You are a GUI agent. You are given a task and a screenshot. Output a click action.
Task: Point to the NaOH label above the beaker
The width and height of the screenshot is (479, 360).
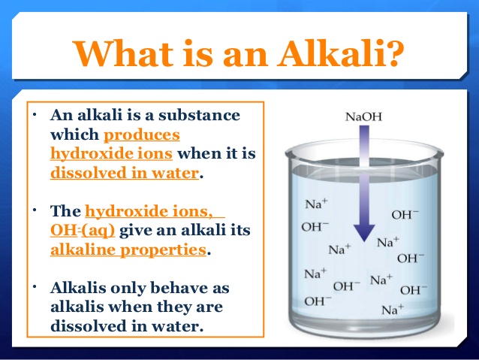tap(364, 117)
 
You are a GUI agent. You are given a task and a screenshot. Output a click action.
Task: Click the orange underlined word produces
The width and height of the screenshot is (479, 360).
tap(142, 135)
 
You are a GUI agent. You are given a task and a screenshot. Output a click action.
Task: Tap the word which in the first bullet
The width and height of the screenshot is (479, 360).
tap(74, 135)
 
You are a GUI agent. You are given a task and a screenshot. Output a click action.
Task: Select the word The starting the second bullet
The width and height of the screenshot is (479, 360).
tap(66, 212)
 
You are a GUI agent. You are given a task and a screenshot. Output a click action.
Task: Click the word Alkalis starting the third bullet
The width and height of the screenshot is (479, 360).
tap(77, 289)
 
